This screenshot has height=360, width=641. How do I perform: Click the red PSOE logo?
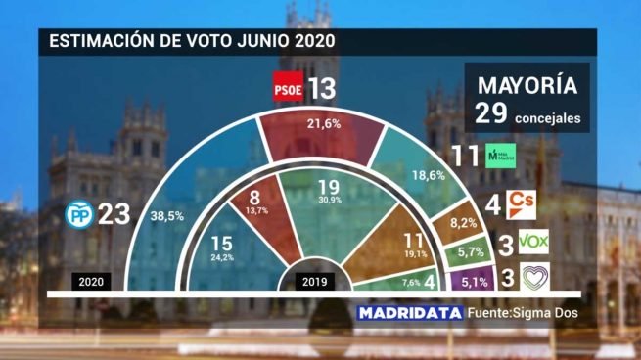tap(287, 87)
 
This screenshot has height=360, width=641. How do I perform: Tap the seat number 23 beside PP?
tap(115, 213)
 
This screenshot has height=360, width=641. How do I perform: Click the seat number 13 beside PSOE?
tap(321, 89)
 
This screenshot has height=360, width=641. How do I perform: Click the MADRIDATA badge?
tap(407, 314)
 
